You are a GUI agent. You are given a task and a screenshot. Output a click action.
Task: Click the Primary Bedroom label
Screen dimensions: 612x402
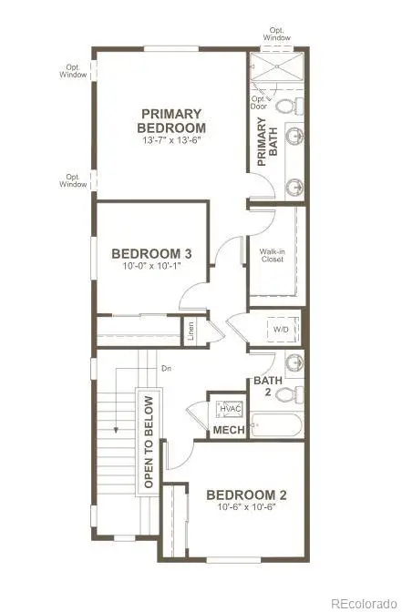pos(172,120)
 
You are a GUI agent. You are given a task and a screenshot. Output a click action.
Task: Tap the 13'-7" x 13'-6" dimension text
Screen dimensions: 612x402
pos(172,141)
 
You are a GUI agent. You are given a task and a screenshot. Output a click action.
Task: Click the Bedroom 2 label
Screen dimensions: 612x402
pos(246,495)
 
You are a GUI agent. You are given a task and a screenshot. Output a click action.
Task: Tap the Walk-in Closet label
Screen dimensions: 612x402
pos(271,254)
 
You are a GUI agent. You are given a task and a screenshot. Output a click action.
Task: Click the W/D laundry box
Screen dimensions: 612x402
pos(283,328)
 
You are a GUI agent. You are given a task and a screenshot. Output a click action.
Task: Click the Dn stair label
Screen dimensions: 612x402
pos(166,368)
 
